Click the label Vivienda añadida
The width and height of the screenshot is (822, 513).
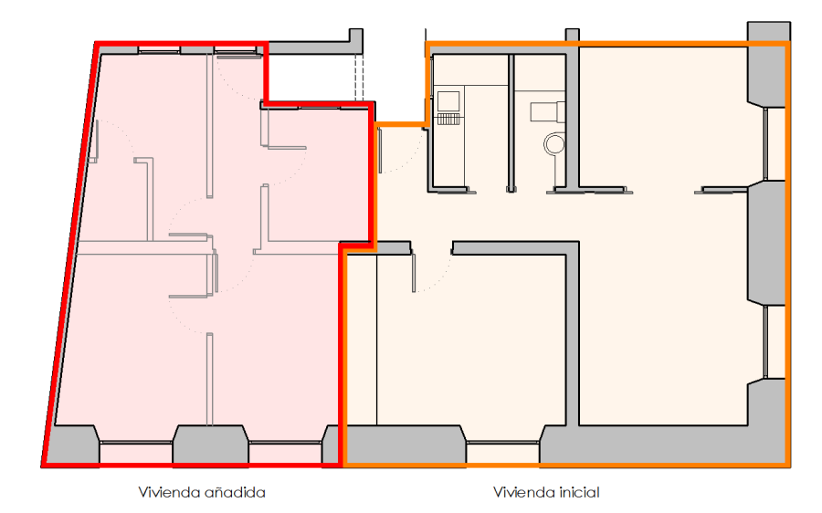pyautogui.click(x=202, y=493)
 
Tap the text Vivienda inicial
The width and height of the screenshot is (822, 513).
pyautogui.click(x=546, y=493)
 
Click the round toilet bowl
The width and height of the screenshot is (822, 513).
pyautogui.click(x=553, y=143)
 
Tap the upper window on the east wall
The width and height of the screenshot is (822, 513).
pyautogui.click(x=775, y=144)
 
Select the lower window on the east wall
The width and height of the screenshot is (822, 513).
pyautogui.click(x=775, y=342)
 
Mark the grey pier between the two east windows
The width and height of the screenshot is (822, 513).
pyautogui.click(x=765, y=242)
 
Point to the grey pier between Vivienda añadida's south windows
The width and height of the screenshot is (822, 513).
pyautogui.click(x=211, y=445)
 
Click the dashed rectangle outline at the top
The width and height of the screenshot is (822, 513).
pyautogui.click(x=359, y=78)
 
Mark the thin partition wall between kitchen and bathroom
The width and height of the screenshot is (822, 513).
pyautogui.click(x=511, y=123)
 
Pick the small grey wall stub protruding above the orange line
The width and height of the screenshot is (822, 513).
pyautogui.click(x=572, y=36)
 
